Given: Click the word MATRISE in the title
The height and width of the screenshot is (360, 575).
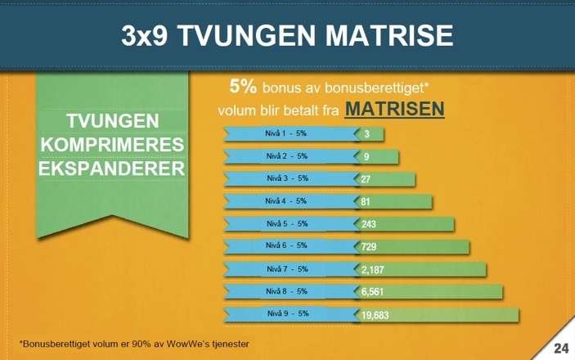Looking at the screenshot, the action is pyautogui.click(x=389, y=36).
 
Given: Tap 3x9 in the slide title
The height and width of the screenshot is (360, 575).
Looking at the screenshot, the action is pyautogui.click(x=145, y=36).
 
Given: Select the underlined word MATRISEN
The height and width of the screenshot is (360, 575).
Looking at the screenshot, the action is pyautogui.click(x=394, y=109).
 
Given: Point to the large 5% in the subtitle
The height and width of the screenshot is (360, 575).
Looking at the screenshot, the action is pyautogui.click(x=243, y=86).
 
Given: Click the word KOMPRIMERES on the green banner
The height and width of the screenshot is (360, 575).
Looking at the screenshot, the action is pyautogui.click(x=112, y=145).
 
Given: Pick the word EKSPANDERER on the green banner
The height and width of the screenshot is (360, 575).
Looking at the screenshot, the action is pyautogui.click(x=112, y=169).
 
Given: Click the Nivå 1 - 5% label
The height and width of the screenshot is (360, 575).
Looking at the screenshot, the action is pyautogui.click(x=285, y=133).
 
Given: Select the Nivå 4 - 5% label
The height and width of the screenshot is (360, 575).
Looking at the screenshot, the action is pyautogui.click(x=285, y=201).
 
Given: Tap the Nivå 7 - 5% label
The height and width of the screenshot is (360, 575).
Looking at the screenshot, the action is pyautogui.click(x=287, y=269).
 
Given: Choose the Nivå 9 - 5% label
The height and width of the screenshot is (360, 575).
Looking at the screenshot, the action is pyautogui.click(x=288, y=313).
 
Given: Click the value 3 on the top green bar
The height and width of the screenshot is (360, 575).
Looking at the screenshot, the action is pyautogui.click(x=366, y=134).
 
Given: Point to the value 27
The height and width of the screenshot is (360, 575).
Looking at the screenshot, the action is pyautogui.click(x=366, y=179).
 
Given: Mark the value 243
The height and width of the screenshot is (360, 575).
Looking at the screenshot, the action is pyautogui.click(x=369, y=224).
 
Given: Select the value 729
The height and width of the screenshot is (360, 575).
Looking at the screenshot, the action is pyautogui.click(x=369, y=246).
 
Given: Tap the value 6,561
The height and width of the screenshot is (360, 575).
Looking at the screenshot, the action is pyautogui.click(x=372, y=292).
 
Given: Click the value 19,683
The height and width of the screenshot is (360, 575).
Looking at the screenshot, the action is pyautogui.click(x=375, y=315).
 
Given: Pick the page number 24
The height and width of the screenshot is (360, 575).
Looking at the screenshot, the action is pyautogui.click(x=561, y=349).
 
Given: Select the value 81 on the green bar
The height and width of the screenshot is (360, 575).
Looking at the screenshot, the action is pyautogui.click(x=366, y=202).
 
